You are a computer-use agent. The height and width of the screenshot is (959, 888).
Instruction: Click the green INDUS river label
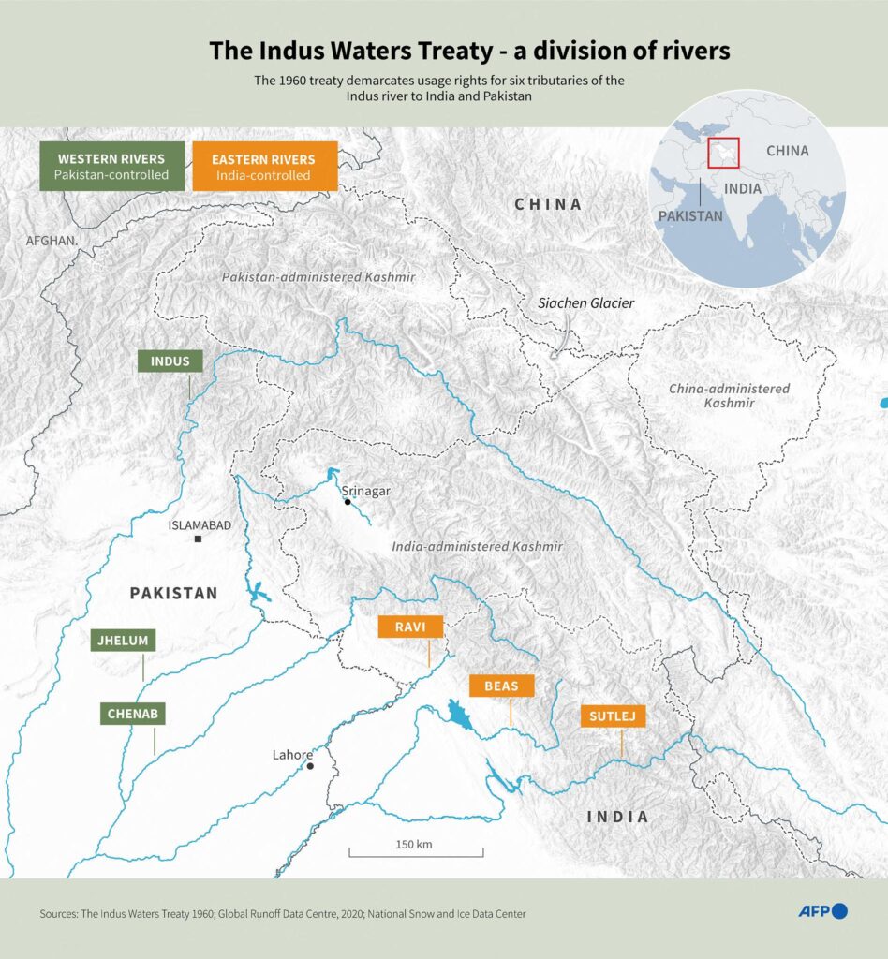coord(170,361)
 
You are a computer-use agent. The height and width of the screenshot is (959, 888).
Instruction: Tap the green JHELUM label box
coord(124,642)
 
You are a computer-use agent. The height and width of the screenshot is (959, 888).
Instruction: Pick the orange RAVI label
coord(410,627)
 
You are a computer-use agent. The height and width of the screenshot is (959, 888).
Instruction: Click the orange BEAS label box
coord(502,686)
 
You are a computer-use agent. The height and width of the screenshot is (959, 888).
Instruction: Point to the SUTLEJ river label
coord(613,717)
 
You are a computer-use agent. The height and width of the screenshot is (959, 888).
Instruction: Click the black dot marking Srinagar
coord(348,502)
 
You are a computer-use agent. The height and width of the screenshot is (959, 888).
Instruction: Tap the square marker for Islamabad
coord(199,539)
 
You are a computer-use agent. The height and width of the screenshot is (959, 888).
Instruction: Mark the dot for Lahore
coord(310,766)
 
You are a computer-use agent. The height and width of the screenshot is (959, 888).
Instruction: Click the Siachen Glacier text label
coord(585,303)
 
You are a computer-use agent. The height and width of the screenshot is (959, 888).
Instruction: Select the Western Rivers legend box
coord(111,166)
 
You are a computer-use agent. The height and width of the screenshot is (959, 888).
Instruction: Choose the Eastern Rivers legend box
coord(264,166)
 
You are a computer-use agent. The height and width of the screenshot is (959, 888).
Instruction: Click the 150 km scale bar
coord(416,851)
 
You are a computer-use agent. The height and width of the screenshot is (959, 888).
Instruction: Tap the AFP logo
coord(822,910)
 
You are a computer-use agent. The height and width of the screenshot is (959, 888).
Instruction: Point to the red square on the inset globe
coord(724,153)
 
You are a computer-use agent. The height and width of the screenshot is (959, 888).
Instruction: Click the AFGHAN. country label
coord(52,241)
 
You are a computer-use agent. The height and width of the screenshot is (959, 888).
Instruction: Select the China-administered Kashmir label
coord(730,395)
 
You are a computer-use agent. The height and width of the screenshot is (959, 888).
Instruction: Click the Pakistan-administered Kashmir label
coord(318,278)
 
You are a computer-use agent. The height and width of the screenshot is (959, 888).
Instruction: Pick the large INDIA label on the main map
coord(617,817)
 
